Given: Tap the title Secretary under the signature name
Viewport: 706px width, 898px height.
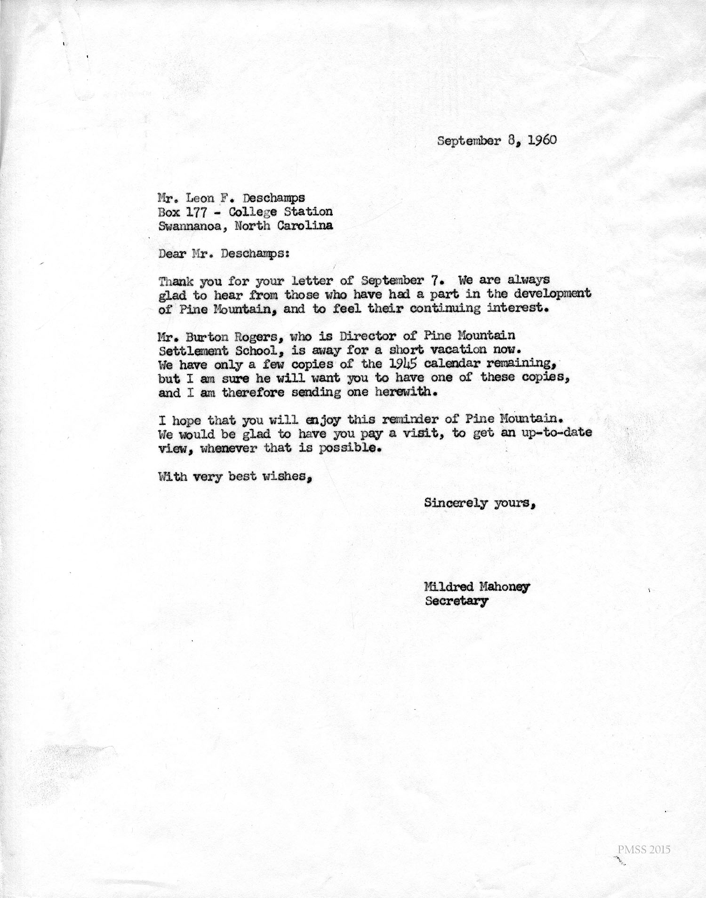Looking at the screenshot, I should click(456, 601).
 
